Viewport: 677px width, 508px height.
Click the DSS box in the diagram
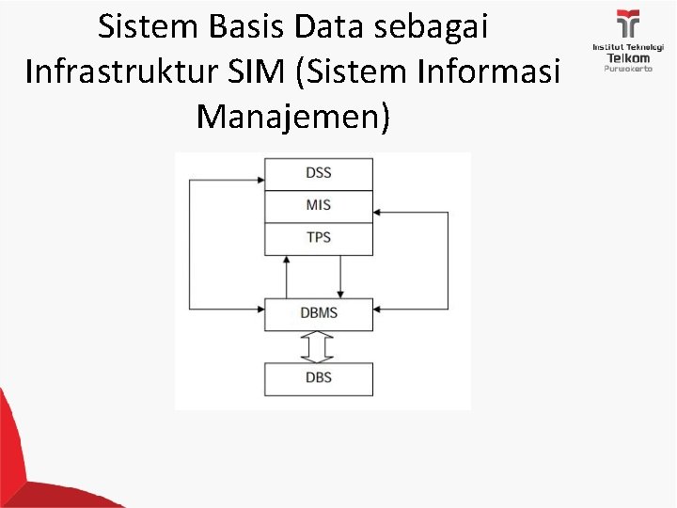(x=319, y=173)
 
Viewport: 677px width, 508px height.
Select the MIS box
(x=319, y=205)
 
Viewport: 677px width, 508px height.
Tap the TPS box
(x=319, y=237)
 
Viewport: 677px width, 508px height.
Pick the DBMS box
(x=319, y=314)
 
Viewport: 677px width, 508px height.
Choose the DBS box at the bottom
(x=319, y=378)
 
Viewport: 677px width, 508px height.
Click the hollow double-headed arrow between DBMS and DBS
(x=319, y=346)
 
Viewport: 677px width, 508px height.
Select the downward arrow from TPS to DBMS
(x=340, y=278)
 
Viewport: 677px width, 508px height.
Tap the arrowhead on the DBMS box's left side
(x=260, y=308)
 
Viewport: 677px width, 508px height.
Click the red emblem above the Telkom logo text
(x=628, y=24)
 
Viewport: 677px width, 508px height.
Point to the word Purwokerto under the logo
(x=628, y=69)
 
